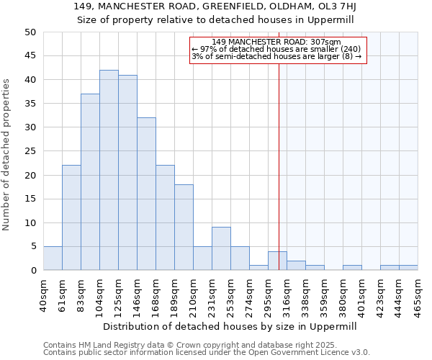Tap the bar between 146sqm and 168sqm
146,194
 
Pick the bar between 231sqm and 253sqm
221,249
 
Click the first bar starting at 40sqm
53,258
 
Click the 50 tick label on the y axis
30,32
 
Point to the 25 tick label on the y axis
30,151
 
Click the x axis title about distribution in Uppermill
230,326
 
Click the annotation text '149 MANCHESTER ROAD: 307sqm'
277,42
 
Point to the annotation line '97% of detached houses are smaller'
277,49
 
